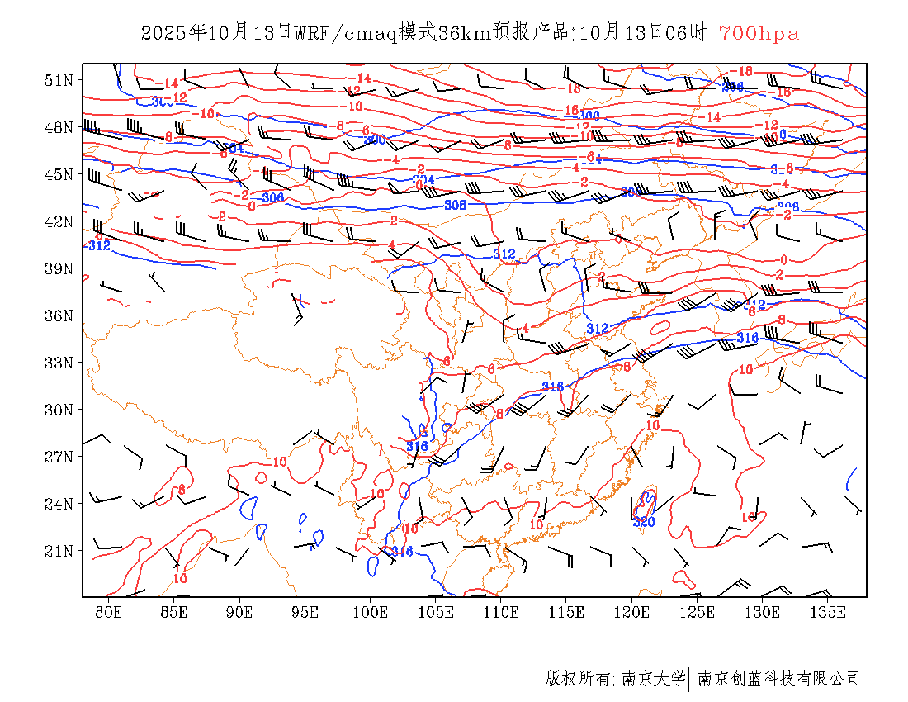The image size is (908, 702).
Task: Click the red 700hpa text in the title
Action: (x=759, y=34)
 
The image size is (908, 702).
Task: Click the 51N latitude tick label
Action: (x=59, y=80)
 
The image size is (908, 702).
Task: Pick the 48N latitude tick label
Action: (x=59, y=127)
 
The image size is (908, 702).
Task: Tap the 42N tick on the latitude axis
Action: (x=59, y=221)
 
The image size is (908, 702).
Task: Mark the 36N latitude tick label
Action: (x=59, y=315)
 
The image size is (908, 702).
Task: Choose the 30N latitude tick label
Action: (x=59, y=410)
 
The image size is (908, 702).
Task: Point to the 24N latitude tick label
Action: (x=59, y=504)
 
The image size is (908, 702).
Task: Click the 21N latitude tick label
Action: (x=59, y=551)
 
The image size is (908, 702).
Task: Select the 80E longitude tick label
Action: (x=109, y=612)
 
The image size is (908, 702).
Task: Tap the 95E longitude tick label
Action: (x=305, y=612)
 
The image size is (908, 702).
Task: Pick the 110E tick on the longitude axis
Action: (x=501, y=612)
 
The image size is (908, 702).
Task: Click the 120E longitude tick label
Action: (x=632, y=612)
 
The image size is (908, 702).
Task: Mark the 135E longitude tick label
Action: (x=828, y=612)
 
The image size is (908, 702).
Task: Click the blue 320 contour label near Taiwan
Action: (x=644, y=522)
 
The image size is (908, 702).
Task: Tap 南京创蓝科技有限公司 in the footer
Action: (x=779, y=679)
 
